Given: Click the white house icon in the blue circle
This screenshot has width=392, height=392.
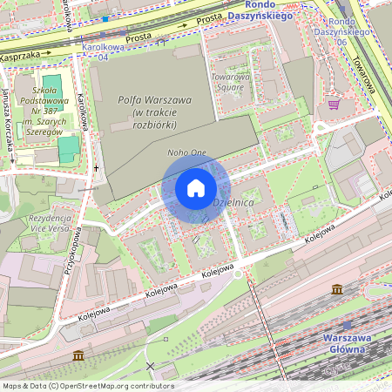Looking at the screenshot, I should coord(196,188).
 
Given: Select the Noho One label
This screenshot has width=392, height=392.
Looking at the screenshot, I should coord(186,152).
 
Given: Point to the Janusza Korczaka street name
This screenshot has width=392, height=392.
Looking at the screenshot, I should coord(7,118).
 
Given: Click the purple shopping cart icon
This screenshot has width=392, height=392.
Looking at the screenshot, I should coord(334,105).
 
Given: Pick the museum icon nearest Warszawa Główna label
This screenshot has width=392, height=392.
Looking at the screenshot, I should coord(337,289).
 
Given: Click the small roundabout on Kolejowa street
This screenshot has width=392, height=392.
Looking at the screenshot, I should coord(238,273).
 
